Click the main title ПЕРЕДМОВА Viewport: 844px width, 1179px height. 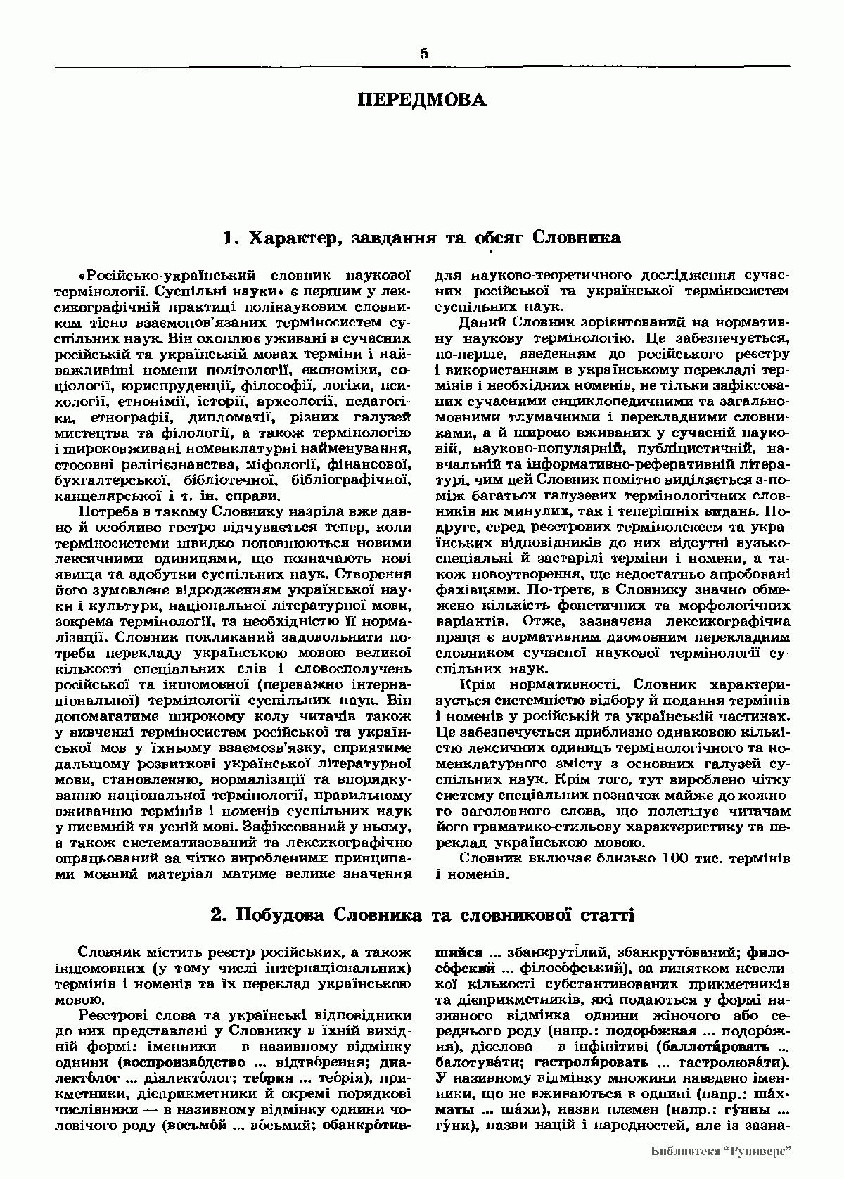coord(422,100)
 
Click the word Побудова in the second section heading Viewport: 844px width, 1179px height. coord(280,915)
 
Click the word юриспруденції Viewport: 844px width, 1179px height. coord(177,386)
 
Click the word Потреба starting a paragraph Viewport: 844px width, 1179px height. coord(111,512)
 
